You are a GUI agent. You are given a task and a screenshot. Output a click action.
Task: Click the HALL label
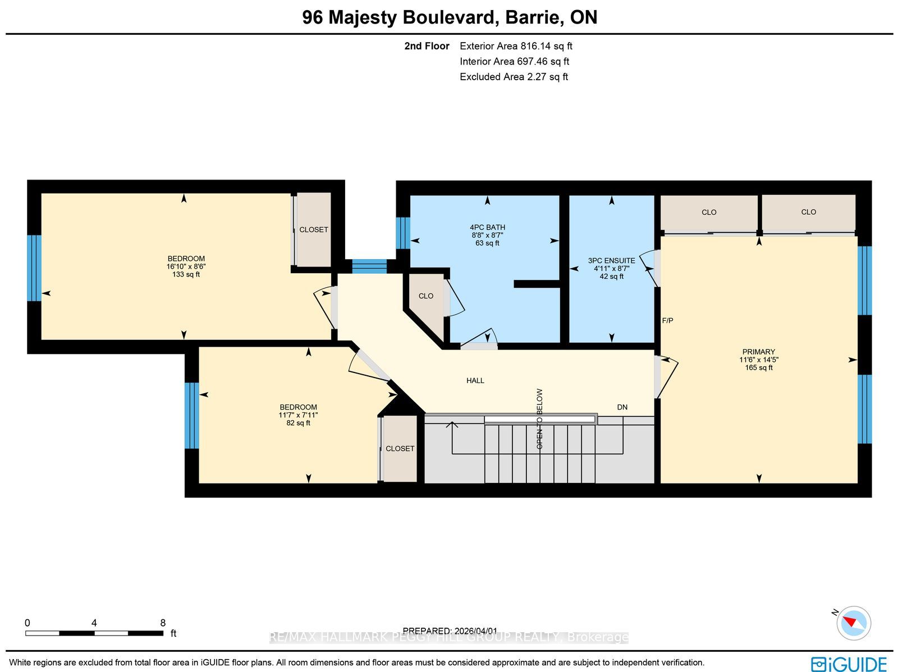(475, 380)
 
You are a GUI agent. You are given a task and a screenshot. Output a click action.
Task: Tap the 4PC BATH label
(487, 227)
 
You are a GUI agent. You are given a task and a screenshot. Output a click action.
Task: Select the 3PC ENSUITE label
(611, 261)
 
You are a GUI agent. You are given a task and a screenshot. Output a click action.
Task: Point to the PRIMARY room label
(758, 352)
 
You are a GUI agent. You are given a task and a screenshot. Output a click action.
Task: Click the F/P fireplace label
(667, 320)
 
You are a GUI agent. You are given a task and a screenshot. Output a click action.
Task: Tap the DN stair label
(622, 407)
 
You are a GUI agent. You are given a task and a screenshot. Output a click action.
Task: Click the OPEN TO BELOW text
(539, 419)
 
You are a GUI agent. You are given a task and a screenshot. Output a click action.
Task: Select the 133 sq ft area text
(186, 274)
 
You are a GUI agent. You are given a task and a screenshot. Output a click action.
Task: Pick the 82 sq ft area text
(298, 423)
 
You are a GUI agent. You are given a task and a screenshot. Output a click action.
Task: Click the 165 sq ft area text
(758, 367)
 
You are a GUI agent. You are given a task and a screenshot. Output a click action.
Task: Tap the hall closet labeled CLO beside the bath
(426, 296)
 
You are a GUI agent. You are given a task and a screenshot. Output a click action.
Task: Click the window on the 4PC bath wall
(403, 233)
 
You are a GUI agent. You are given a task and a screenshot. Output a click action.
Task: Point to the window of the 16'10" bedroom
(34, 268)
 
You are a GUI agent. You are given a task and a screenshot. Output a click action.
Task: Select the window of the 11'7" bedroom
(191, 415)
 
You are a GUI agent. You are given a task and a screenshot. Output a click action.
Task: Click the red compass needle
(850, 622)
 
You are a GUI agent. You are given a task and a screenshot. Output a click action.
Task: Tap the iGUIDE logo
(849, 664)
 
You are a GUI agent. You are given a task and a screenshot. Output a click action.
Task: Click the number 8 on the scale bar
(163, 623)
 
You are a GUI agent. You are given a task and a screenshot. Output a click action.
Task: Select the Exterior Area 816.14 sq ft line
(516, 46)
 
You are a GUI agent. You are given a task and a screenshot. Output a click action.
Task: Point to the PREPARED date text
(450, 631)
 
